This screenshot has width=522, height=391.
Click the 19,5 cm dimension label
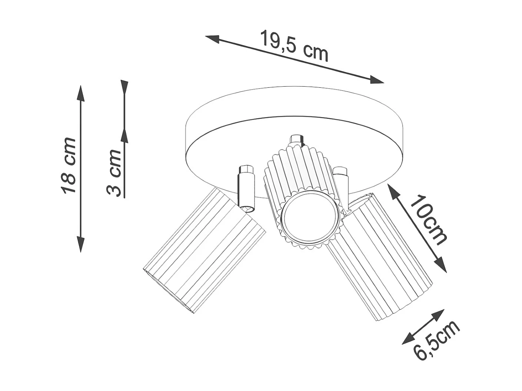click(x=294, y=46)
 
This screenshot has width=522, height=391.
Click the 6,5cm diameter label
click(x=437, y=341)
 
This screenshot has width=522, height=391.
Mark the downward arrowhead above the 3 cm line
click(x=124, y=87)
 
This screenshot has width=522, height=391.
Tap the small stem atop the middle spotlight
click(x=296, y=140)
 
